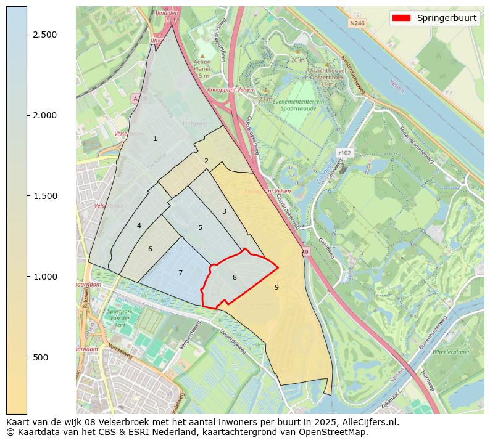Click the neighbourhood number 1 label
point(155,139)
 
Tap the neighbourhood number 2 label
point(206,161)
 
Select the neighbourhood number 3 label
point(224,211)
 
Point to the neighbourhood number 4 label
point(139,226)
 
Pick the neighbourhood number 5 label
point(200,227)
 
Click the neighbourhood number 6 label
point(150,249)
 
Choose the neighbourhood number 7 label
point(180,273)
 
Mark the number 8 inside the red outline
point(235,277)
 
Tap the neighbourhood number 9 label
point(276,287)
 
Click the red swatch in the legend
point(401,18)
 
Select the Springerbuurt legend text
point(446,18)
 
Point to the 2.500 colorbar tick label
point(45,35)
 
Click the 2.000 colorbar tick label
point(45,115)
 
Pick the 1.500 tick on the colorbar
point(45,196)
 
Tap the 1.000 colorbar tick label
point(45,277)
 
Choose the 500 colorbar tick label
point(41,357)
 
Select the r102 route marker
point(344,152)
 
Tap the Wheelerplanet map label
point(451,352)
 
